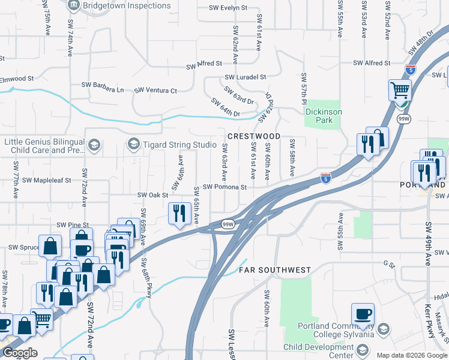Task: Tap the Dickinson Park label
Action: click(x=324, y=116)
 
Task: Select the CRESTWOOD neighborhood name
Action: click(x=254, y=136)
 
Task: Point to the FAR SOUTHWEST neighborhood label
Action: click(x=275, y=270)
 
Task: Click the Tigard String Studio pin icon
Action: click(x=133, y=144)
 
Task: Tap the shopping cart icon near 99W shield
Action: click(x=399, y=91)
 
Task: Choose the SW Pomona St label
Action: click(x=224, y=187)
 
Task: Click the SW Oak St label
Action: click(x=152, y=195)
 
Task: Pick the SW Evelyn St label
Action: click(x=228, y=8)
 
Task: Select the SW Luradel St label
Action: click(x=245, y=77)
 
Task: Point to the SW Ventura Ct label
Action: click(x=155, y=91)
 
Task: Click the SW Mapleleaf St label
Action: click(x=50, y=179)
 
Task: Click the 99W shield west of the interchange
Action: click(x=228, y=224)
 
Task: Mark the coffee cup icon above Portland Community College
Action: click(x=363, y=314)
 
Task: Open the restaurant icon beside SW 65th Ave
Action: click(x=179, y=213)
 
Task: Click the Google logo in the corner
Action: click(x=19, y=353)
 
